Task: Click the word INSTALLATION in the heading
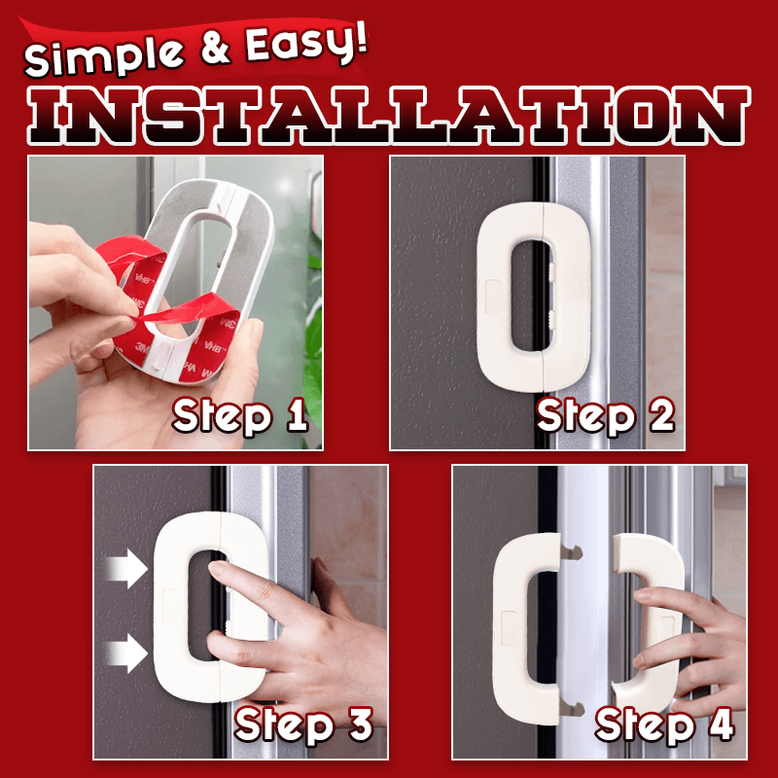click(388, 115)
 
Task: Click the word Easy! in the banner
click(306, 45)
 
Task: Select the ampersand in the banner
click(215, 49)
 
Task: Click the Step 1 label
click(240, 416)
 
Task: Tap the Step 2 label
click(605, 416)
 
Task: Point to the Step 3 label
click(303, 725)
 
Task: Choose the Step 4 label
click(664, 725)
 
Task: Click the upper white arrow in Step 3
click(126, 568)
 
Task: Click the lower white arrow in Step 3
click(126, 653)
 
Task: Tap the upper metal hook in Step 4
click(571, 550)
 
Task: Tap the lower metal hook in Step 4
click(571, 707)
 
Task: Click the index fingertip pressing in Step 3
click(218, 568)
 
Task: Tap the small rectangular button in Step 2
click(493, 297)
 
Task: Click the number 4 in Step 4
click(722, 724)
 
